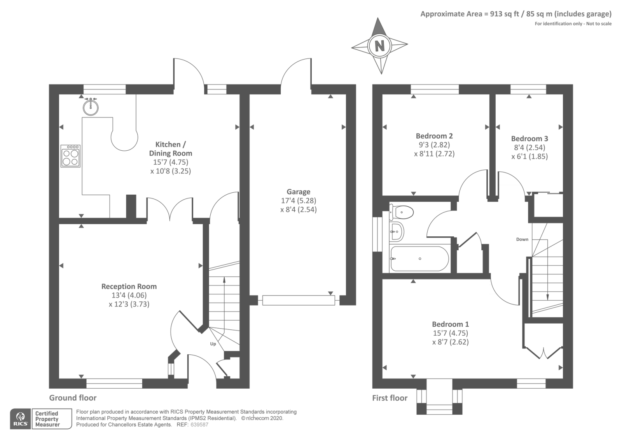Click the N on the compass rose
coord(379,46)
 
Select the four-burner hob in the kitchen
coord(70,156)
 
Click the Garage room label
coord(298,192)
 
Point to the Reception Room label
coord(129,286)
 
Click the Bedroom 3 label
coord(529,139)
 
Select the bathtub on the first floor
coord(419,259)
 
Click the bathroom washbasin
coord(397,232)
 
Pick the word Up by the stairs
coord(213,344)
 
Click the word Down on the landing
coord(522,239)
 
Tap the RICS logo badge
coord(21,419)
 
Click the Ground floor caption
coord(73,398)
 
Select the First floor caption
coord(390,398)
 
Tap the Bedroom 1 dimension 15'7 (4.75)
coord(450,333)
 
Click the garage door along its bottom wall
coord(299,300)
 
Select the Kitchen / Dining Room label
coord(171,149)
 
